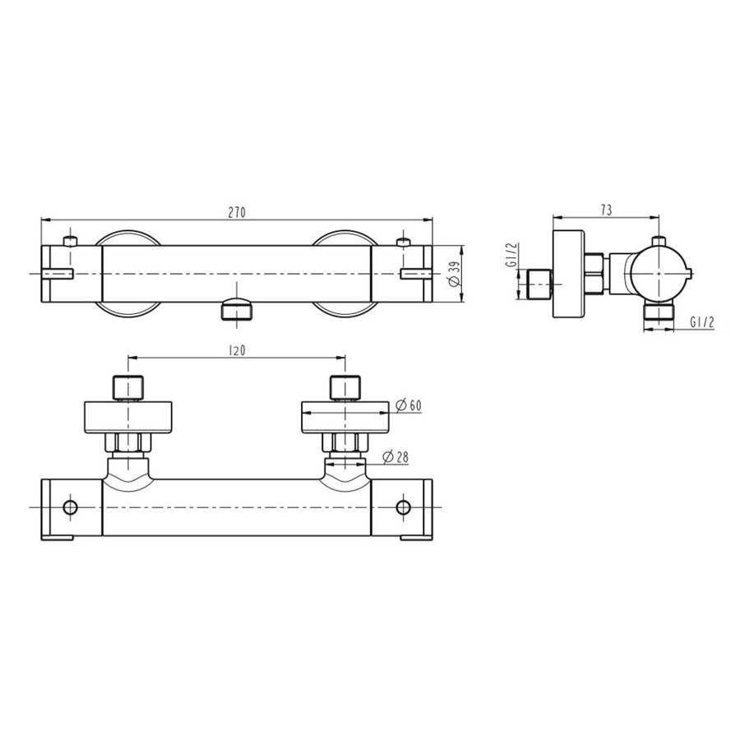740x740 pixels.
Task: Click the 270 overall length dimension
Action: [x=236, y=211]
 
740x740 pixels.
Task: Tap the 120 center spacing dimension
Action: [x=237, y=349]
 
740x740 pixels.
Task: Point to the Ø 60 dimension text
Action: [x=409, y=405]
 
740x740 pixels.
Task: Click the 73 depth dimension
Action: [x=605, y=210]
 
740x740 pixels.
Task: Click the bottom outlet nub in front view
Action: [x=237, y=311]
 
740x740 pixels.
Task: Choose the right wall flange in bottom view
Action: [x=345, y=417]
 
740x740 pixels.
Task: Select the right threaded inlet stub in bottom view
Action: [x=345, y=387]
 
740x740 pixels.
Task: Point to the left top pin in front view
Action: [x=71, y=242]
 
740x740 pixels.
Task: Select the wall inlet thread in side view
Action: [x=539, y=284]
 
